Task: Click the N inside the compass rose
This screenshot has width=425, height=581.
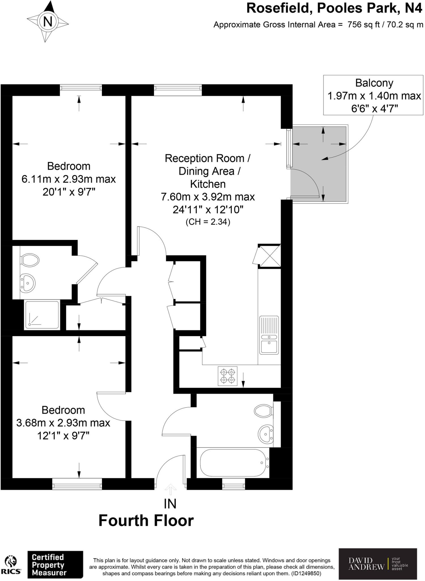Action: click(x=48, y=21)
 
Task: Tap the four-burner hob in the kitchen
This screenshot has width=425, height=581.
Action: click(x=228, y=376)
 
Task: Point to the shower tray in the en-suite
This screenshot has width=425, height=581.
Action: click(x=42, y=315)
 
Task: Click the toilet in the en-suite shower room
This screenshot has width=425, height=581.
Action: click(x=29, y=260)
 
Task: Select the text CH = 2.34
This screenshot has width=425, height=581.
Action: click(x=208, y=222)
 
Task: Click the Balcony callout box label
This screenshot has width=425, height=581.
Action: click(x=374, y=83)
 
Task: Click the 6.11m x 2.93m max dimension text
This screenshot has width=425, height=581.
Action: click(x=69, y=179)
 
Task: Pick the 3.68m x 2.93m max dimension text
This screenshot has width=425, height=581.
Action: click(x=63, y=423)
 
